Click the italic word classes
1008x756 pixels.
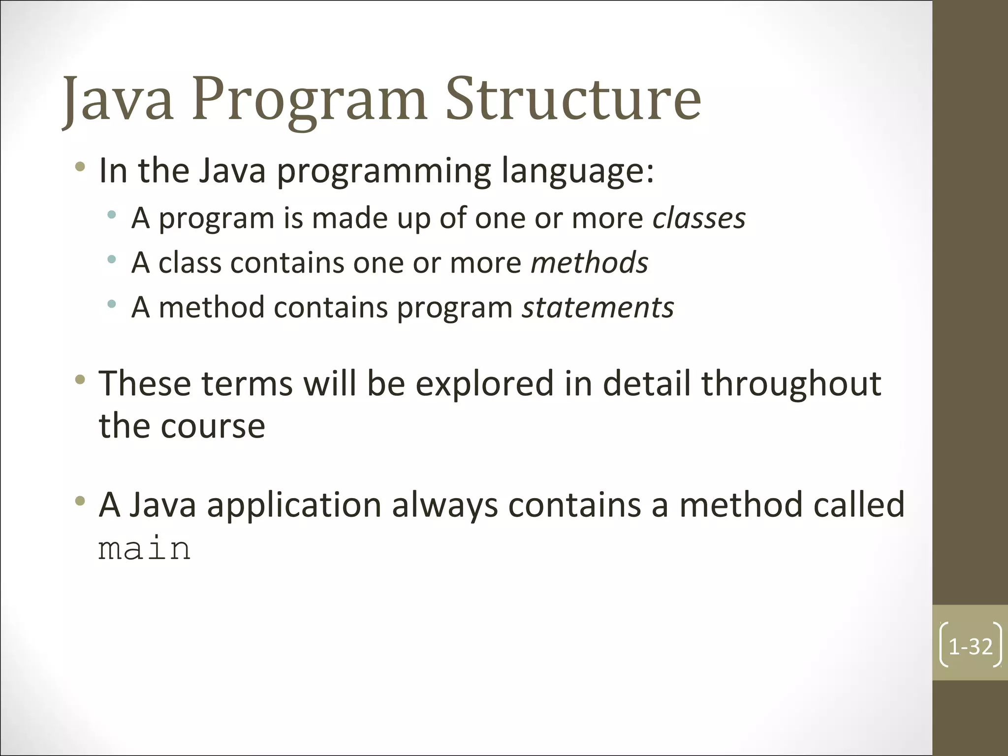click(699, 218)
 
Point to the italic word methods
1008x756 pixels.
click(589, 262)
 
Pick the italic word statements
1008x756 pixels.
click(598, 308)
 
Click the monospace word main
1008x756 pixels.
click(144, 549)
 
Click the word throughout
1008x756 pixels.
click(791, 384)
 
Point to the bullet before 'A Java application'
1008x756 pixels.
click(80, 502)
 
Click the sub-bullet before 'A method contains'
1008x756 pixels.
click(112, 304)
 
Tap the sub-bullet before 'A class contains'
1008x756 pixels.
click(112, 259)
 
